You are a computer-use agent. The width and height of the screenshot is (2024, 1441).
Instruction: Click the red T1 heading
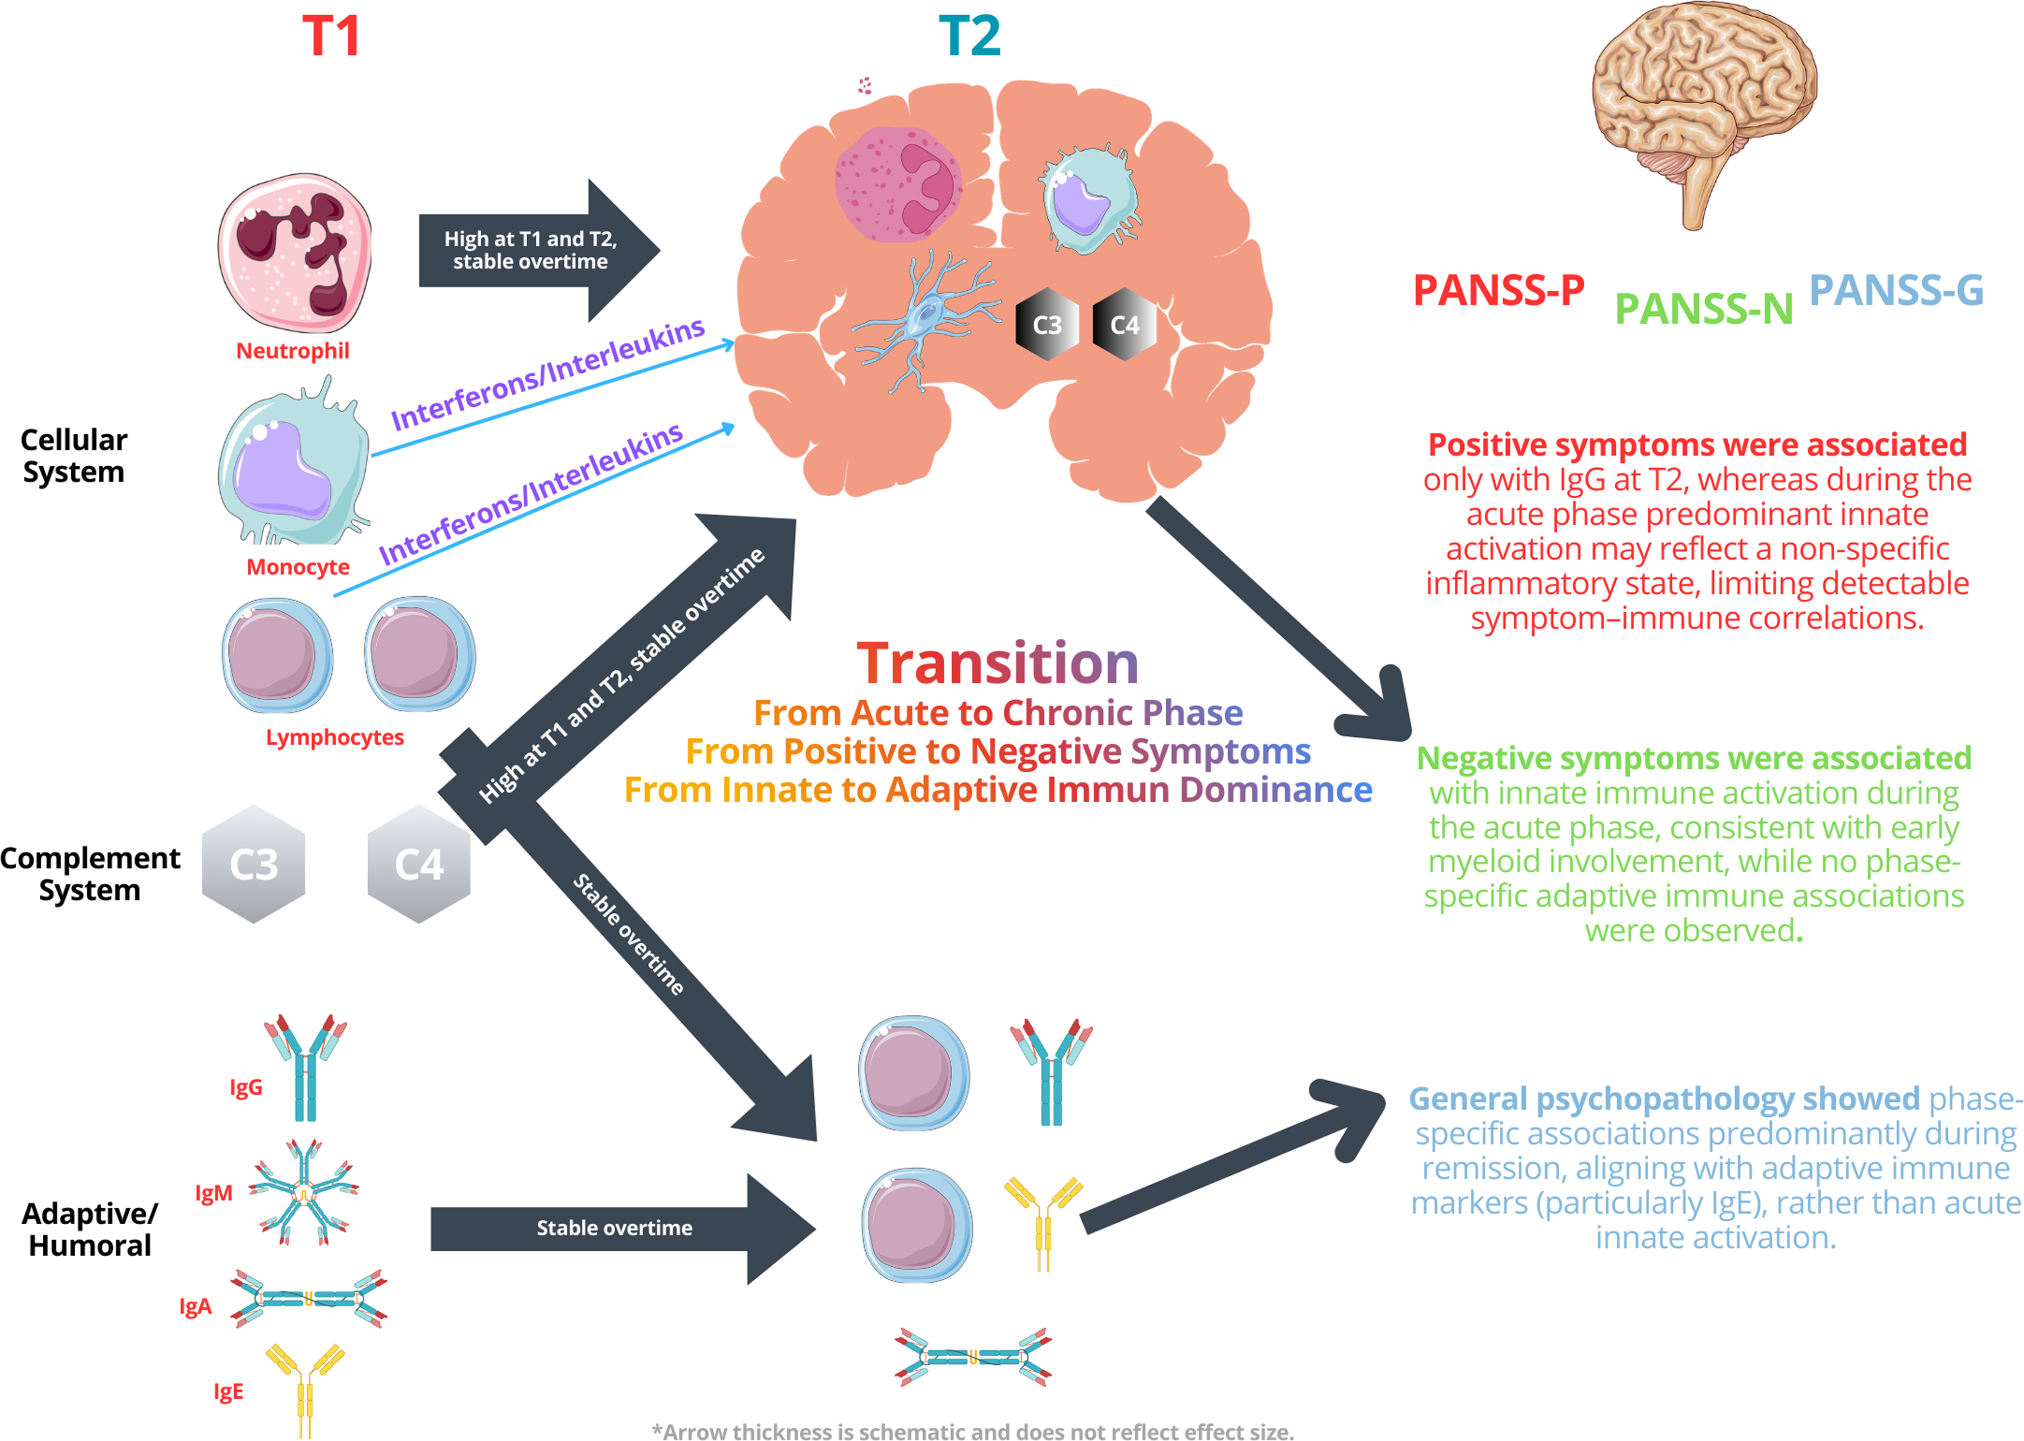[331, 36]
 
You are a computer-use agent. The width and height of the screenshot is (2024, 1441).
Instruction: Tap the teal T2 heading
[970, 36]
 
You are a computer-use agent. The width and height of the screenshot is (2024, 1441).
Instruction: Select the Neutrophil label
[293, 351]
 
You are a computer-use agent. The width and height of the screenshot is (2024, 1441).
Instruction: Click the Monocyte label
[298, 567]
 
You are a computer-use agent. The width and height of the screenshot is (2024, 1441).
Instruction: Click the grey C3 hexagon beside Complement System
[254, 864]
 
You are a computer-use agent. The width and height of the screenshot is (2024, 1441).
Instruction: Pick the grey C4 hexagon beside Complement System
[419, 864]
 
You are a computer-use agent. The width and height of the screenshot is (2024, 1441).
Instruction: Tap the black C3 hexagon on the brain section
[1047, 325]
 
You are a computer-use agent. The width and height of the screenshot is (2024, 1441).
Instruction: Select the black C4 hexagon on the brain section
[1124, 325]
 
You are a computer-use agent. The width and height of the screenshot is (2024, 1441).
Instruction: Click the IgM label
[214, 1194]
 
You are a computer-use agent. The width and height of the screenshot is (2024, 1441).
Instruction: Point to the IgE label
[228, 1391]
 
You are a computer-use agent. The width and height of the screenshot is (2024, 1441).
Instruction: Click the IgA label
[195, 1306]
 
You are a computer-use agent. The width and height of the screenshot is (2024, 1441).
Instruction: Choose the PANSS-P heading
[1499, 290]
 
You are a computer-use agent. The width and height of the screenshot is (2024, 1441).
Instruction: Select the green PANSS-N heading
[1704, 309]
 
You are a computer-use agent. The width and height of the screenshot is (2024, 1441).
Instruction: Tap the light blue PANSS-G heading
[1896, 289]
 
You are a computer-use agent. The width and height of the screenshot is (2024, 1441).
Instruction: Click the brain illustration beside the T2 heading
[1704, 116]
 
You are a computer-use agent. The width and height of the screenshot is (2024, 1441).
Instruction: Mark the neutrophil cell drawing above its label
[295, 253]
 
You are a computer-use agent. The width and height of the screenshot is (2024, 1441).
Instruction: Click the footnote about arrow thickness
[972, 1430]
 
